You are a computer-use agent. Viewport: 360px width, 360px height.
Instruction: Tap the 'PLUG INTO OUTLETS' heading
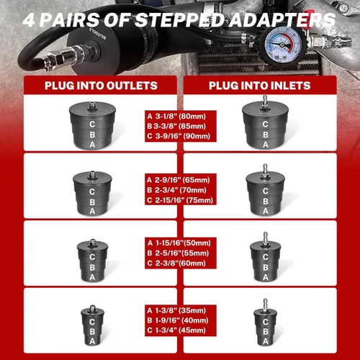coord(101,86)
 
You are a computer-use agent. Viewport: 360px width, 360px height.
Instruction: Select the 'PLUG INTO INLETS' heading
coord(260,86)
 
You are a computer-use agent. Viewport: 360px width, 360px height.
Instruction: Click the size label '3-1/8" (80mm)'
coord(181,117)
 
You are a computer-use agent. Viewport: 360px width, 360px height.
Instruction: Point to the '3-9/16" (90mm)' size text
coord(183,136)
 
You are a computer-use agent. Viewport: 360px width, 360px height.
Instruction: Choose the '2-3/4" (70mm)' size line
coord(181,190)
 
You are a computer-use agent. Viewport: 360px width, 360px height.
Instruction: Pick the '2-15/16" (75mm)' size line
coord(184,200)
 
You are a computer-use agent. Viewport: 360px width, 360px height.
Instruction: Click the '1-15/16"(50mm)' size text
coord(183,243)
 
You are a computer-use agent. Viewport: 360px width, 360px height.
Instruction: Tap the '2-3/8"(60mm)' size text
coord(181,264)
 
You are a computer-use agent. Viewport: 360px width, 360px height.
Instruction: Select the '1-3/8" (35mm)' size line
coord(181,310)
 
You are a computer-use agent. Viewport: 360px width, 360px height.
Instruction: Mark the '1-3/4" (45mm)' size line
coord(181,330)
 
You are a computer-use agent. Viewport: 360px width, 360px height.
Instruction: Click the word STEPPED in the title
coord(179,19)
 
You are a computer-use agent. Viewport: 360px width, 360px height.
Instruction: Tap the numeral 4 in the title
coord(30,20)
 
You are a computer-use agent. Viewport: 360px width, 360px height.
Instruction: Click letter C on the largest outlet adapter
coord(92,125)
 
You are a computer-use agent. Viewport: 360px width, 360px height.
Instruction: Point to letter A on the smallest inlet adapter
coord(265,341)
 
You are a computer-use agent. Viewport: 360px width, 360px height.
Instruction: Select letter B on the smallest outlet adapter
coord(92,332)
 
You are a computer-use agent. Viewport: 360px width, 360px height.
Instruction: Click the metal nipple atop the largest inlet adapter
coord(265,101)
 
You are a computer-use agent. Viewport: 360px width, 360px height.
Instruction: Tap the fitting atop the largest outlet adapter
coord(92,105)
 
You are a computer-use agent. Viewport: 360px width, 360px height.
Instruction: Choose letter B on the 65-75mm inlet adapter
coord(265,202)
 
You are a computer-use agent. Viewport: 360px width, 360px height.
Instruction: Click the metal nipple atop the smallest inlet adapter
coord(265,305)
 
